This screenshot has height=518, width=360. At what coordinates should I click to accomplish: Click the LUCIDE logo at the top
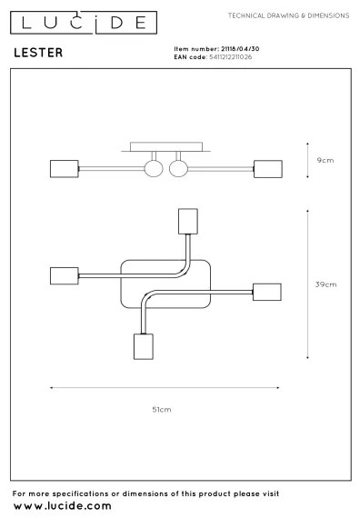point(78,20)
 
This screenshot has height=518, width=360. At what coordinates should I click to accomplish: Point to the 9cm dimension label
point(325,160)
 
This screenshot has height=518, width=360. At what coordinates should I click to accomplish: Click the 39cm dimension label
point(325,284)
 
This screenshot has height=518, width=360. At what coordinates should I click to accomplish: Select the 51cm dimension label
point(161,410)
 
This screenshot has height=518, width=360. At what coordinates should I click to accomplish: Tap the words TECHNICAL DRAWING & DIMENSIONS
point(287,15)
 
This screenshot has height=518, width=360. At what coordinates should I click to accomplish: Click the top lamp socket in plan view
point(188,222)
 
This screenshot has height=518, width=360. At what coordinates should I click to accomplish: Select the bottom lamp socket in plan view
point(142,346)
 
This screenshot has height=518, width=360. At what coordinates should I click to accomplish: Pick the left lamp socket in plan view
point(65,274)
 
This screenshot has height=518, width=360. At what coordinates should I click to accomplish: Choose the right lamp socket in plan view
point(265,293)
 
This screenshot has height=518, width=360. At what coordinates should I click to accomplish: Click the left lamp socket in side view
point(65,169)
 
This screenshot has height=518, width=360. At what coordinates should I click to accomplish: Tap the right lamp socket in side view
point(266,169)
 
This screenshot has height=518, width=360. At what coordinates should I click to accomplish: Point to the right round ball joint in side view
point(177,169)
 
